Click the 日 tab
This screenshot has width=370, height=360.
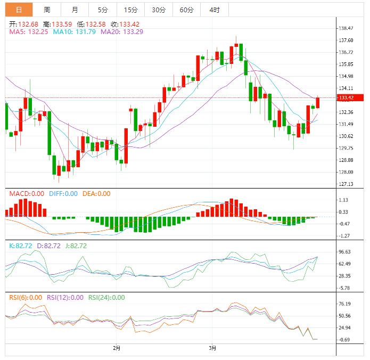click(19, 10)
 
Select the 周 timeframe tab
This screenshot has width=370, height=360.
click(47, 10)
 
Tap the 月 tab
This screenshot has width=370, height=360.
click(75, 10)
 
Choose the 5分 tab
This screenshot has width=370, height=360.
click(102, 10)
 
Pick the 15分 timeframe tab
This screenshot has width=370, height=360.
click(130, 10)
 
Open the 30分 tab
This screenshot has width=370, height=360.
click(158, 10)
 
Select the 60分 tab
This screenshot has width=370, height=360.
click(186, 10)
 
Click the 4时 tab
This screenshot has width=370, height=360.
click(214, 10)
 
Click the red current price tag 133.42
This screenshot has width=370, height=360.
click(350, 97)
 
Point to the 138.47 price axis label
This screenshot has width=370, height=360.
click(347, 28)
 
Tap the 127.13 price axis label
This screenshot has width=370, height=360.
click(347, 184)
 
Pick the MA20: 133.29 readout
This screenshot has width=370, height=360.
click(125, 32)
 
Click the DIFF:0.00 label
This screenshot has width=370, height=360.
click(63, 194)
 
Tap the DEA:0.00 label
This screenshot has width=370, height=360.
click(96, 194)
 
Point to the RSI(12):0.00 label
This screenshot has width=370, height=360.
click(65, 298)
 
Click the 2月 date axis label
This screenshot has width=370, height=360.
click(117, 348)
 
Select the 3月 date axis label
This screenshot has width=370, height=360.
click(212, 348)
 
